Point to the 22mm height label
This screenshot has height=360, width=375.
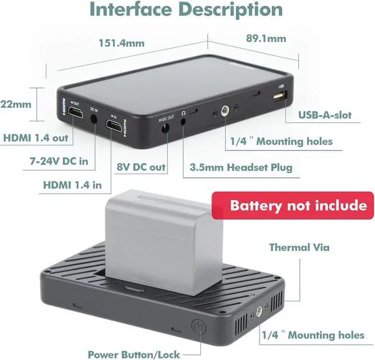pos(16,104)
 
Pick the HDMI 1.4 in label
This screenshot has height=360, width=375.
pos(72,185)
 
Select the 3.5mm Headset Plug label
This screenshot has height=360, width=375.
pos(241,168)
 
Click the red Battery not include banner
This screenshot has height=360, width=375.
pos(298,206)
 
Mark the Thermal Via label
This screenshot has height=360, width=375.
pos(299,247)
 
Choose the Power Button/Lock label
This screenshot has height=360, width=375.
pos(134,354)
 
